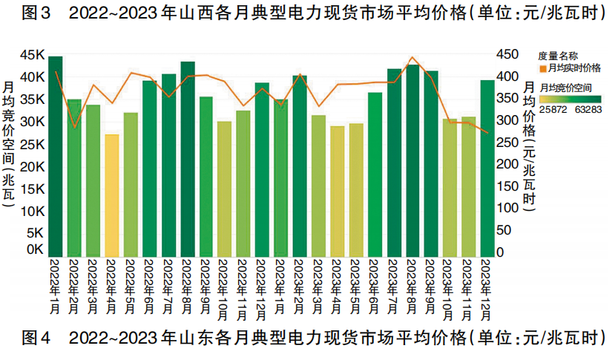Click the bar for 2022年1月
pos(56,156)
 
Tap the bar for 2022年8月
pos(188,159)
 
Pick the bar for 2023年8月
pos(413,160)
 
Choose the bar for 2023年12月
pos(487,168)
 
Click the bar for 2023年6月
pos(375,174)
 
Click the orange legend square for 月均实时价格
pos(542,68)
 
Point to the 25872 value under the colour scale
pos(553,110)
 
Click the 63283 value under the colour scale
pos(588,110)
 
